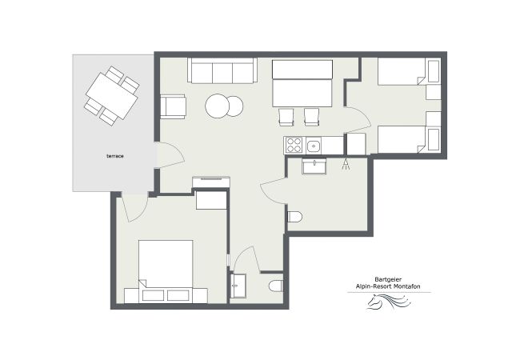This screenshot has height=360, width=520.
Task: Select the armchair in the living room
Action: click(174, 106)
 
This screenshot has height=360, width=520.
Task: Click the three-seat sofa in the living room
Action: click(222, 71)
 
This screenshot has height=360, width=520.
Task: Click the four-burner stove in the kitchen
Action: click(294, 146)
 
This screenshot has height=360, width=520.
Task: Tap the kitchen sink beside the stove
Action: click(314, 146)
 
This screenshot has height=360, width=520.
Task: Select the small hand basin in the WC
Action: click(238, 283)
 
